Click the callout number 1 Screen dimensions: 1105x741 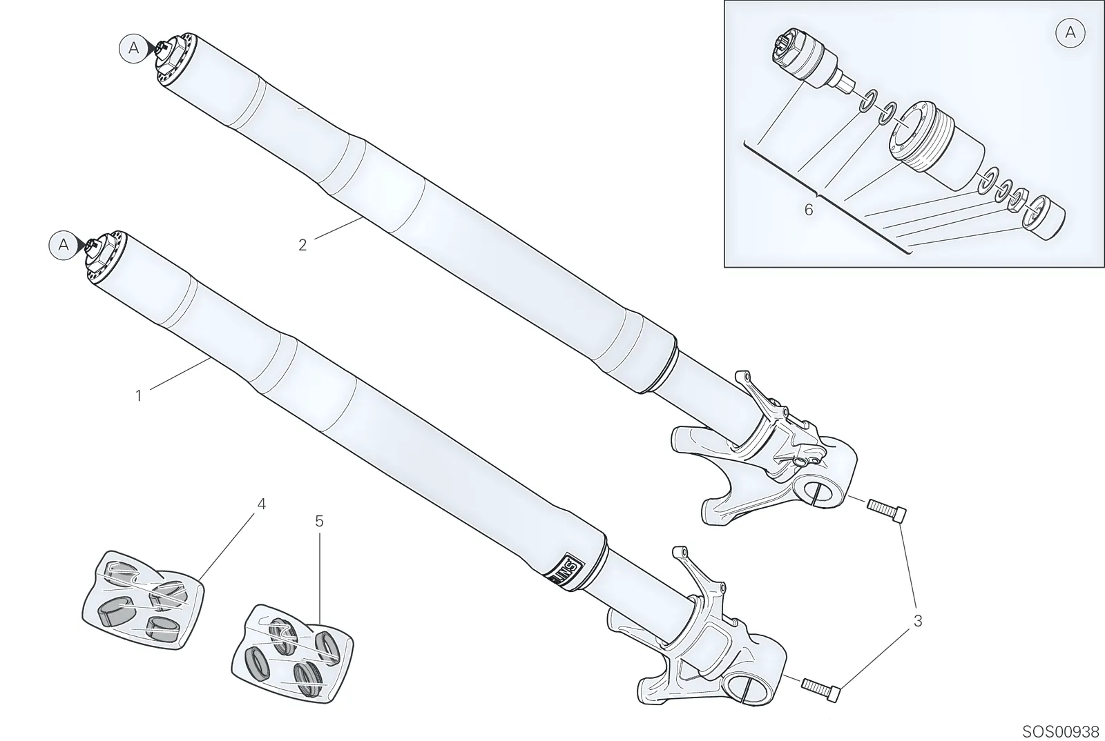point(139,395)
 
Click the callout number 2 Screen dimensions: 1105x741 point(302,245)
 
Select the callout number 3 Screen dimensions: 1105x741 point(918,621)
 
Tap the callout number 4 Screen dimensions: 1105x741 point(262,504)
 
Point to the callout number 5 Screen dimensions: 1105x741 point(319,522)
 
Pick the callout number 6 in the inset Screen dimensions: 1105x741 point(809,210)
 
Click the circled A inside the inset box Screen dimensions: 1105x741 point(1070,33)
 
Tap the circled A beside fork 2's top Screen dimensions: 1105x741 point(134,48)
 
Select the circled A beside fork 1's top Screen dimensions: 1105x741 point(64,245)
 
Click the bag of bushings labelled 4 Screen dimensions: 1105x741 point(142,600)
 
